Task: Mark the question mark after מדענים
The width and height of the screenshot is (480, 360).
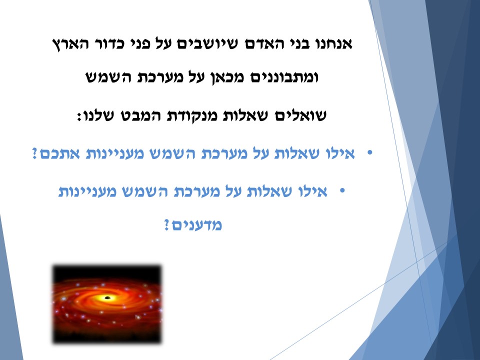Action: (167, 225)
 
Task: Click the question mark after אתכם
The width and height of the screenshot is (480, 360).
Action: (35, 154)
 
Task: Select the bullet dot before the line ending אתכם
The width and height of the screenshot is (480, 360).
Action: (370, 152)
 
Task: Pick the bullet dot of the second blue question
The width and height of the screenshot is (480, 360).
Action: (342, 190)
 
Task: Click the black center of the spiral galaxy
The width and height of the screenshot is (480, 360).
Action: (107, 298)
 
